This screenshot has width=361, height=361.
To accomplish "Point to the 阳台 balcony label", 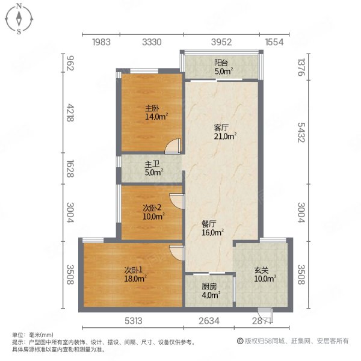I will point(221,67).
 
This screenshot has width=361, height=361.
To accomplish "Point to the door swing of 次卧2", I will point(176,199).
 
